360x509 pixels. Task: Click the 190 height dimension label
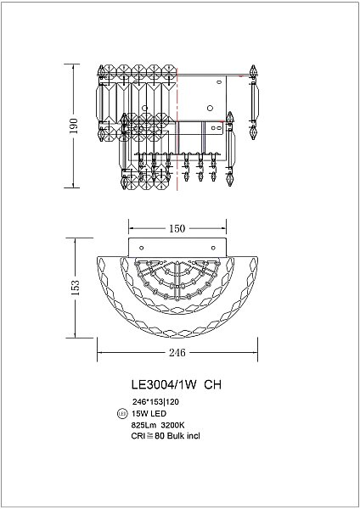tap(74, 126)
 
